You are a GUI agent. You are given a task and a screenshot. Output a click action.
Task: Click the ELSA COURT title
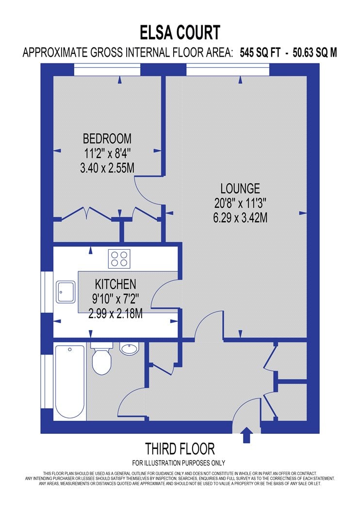coord(180,33)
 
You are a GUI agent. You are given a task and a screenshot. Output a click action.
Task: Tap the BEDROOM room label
coord(107,139)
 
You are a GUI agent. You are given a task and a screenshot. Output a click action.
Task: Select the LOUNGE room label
coord(240,189)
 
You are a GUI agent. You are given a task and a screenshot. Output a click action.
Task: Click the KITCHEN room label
coord(115,285)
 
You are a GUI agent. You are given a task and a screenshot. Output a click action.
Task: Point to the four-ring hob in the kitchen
coord(119,259)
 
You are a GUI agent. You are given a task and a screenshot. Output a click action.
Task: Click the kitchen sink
coord(65,292)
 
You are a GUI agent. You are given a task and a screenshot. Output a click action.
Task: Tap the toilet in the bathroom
coord(102,358)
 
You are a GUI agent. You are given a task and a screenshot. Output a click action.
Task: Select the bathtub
coord(70,382)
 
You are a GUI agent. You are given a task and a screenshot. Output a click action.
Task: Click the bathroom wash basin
coord(130,349)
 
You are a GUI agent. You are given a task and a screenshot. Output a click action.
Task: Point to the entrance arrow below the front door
coord(247,435)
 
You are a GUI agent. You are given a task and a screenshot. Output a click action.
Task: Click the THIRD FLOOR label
coord(180,449)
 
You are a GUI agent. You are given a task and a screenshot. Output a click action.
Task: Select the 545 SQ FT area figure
coord(260,52)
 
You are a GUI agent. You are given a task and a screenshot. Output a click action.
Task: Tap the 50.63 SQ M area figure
coord(315,52)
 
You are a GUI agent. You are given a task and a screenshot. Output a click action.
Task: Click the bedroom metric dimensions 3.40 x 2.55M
coord(107,168)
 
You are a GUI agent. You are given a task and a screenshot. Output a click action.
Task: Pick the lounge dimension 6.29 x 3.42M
coord(240,218)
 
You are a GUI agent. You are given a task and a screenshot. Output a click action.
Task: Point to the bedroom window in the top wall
coord(107,70)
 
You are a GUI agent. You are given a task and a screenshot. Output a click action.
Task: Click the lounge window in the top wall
coord(228,70)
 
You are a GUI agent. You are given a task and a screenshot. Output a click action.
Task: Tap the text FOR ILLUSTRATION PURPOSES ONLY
coord(179,463)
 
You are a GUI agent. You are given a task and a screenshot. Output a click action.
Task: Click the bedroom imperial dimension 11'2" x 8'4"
coord(107,153)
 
